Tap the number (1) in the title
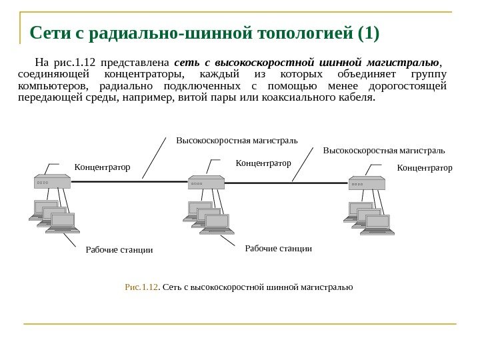coord(367,33)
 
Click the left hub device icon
coord(52,181)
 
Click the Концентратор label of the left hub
coord(102,167)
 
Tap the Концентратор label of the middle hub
coord(264,162)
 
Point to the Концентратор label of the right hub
coord(424,167)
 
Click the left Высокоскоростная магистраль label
coord(237,141)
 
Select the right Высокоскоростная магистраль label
coord(383,151)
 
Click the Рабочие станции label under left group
coord(119,251)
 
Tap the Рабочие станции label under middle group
coord(279,248)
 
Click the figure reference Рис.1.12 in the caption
coord(142,287)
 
